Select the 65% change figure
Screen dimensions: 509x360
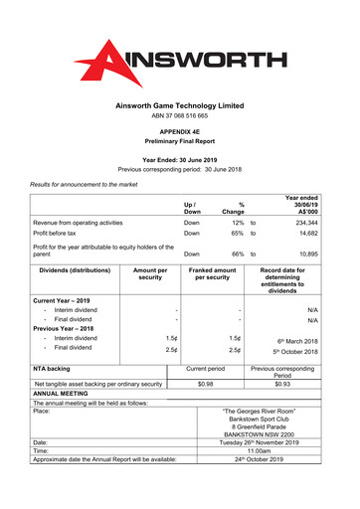pyautogui.click(x=238, y=236)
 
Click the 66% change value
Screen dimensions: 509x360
pyautogui.click(x=238, y=255)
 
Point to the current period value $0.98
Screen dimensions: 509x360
pyautogui.click(x=206, y=384)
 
